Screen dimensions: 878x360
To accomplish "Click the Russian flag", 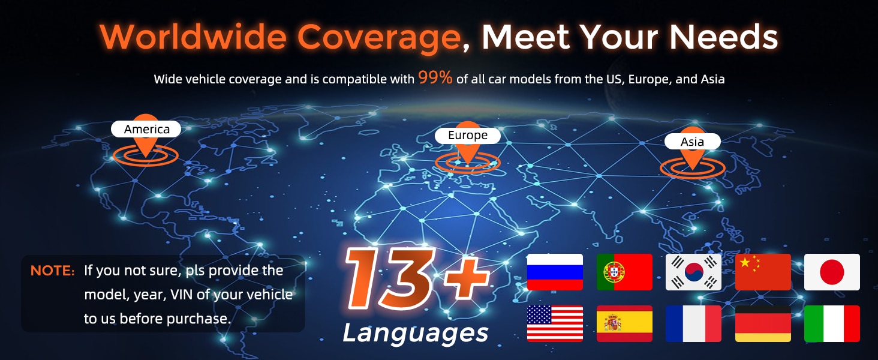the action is click(555, 272).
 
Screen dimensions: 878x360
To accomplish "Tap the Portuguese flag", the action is click(624, 272).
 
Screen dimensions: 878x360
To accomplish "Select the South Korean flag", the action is click(693, 272).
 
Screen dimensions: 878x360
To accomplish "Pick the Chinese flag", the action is click(763, 272).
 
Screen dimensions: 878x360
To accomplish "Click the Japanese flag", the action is click(832, 272).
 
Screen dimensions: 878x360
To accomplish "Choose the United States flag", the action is click(555, 323).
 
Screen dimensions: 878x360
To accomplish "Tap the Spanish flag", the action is click(624, 323).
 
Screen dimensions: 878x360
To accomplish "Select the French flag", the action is click(693, 323).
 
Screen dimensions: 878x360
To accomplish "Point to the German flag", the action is click(763, 323).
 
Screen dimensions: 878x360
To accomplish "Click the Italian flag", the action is click(832, 323).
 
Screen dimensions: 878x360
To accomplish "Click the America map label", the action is click(146, 129).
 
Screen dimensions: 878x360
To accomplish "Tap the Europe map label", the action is click(468, 135).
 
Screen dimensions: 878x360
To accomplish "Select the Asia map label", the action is click(693, 142).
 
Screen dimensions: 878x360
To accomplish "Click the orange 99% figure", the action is click(435, 77).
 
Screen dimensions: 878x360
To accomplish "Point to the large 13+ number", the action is click(416, 277).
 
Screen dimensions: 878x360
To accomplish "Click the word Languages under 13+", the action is click(416, 334).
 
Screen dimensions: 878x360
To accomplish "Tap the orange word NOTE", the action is click(52, 271).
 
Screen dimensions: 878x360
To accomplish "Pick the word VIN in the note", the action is click(182, 295).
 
